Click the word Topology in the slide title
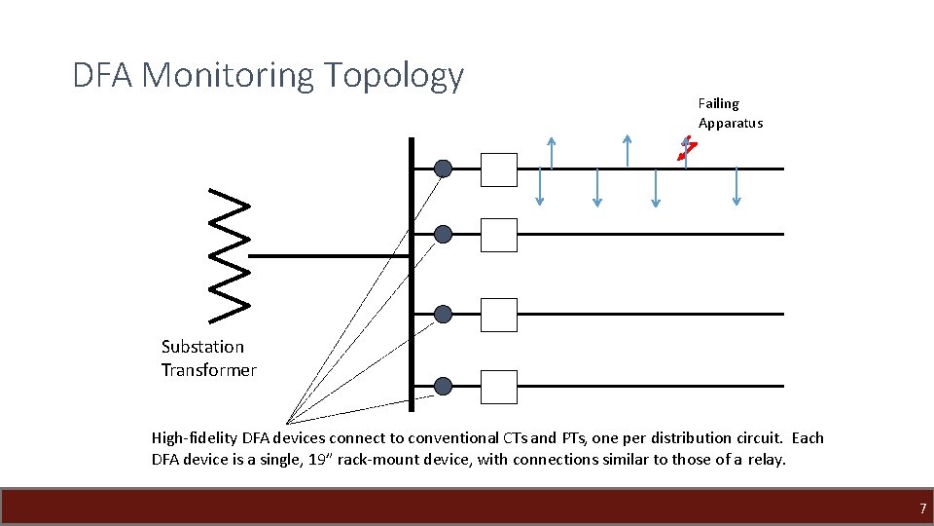coord(393,75)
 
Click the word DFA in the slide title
coord(103,75)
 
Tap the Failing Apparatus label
coord(730,113)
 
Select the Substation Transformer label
coord(208,358)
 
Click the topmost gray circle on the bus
coord(443,169)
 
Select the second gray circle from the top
coord(443,234)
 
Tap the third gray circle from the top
coord(443,314)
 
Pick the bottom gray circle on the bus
coord(443,386)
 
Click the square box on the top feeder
coord(499,169)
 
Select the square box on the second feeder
coord(499,234)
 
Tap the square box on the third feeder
coord(499,314)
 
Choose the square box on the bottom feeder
coord(499,387)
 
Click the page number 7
coord(922,508)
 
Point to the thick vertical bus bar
coord(412,273)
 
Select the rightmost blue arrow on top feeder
coord(736,186)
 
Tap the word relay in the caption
coord(767,459)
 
